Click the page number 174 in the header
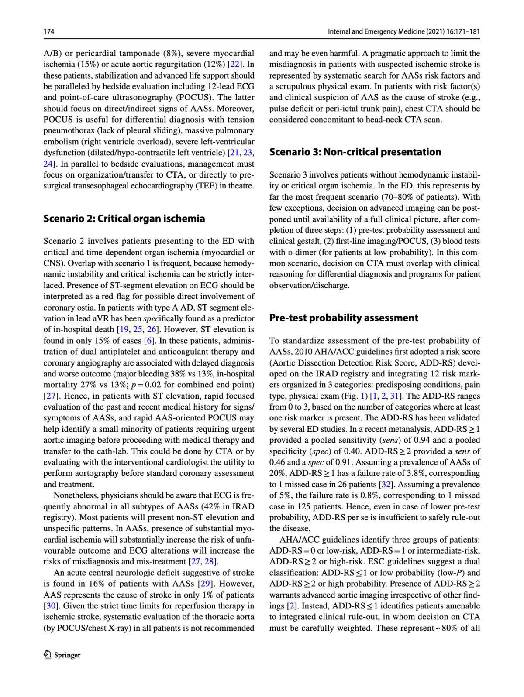(48, 32)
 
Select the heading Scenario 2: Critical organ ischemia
(124, 219)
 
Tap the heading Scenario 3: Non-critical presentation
(355, 152)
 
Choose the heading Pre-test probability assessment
(344, 318)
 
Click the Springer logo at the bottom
(62, 655)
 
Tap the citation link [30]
(49, 606)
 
